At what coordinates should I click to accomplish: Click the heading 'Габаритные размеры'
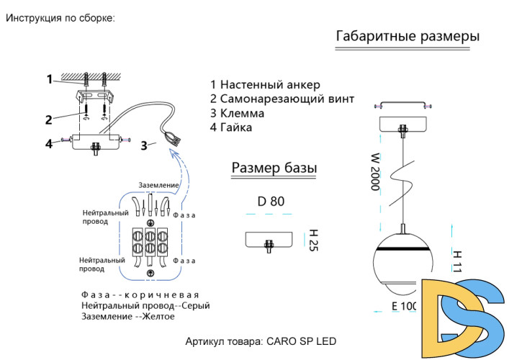(x=408, y=36)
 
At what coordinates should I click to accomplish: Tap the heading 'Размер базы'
(x=274, y=168)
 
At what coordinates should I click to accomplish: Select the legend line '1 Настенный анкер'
(x=264, y=85)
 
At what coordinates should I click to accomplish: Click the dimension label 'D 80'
(x=271, y=202)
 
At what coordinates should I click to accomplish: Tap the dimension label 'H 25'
(x=313, y=240)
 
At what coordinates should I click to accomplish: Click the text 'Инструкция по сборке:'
(x=60, y=18)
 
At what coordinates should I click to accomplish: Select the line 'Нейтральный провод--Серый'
(x=145, y=306)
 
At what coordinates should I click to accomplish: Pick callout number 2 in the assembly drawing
(x=48, y=120)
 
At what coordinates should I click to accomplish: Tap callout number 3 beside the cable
(x=144, y=145)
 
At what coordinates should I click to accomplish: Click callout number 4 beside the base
(x=49, y=143)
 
